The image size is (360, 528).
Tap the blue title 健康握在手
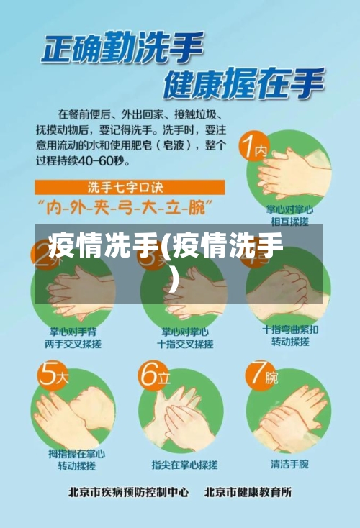tap(243, 84)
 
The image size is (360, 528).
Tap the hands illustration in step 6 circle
tap(180, 410)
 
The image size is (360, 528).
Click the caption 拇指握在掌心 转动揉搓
tap(76, 460)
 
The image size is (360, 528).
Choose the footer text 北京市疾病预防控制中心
tap(129, 493)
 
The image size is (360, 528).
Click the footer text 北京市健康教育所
tap(248, 493)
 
